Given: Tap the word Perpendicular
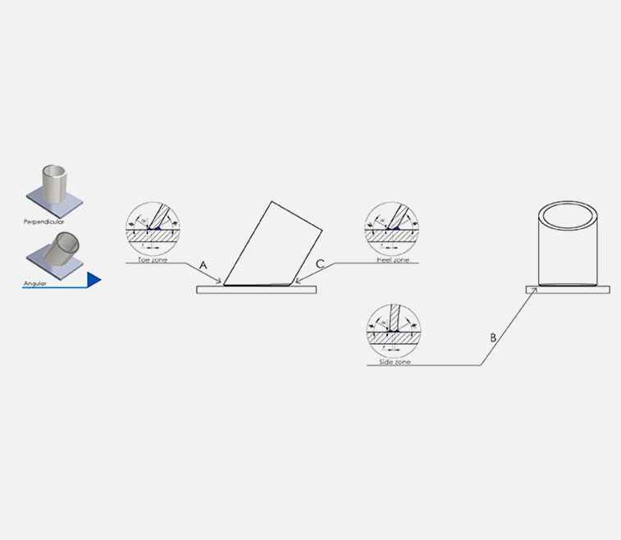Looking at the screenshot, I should [43, 222].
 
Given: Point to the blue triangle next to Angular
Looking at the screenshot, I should [94, 281].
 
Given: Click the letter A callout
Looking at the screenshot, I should [203, 265].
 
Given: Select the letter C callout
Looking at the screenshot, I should [320, 264].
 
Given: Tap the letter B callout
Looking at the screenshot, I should [493, 337].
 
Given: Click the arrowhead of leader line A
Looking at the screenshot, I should [221, 283].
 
